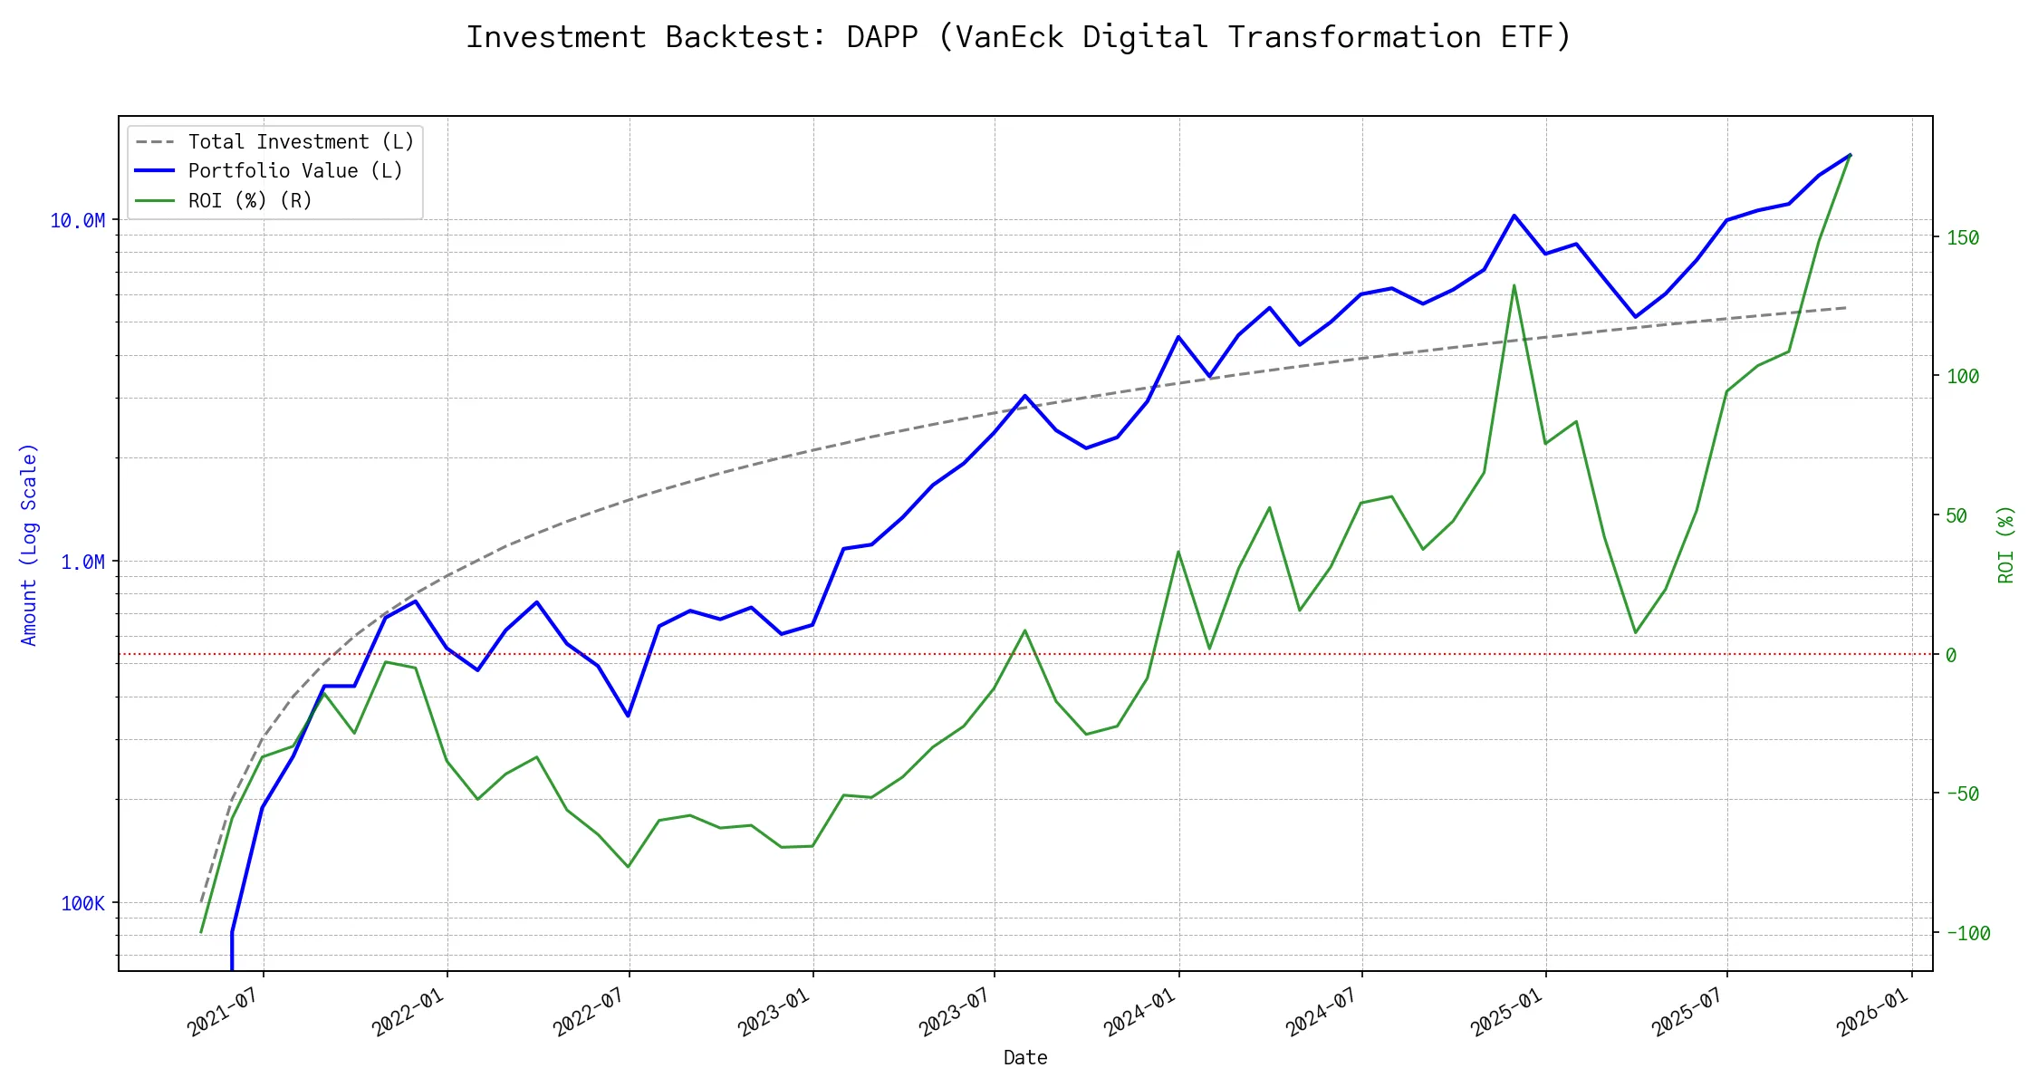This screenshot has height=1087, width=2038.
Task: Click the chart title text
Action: [1018, 37]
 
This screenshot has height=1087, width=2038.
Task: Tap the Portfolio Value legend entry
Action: [294, 171]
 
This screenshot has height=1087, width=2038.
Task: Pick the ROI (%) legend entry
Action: [249, 200]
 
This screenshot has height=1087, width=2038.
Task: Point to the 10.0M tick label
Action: [77, 221]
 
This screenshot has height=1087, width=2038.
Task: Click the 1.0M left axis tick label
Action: [82, 563]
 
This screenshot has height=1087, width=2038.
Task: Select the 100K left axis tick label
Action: [82, 903]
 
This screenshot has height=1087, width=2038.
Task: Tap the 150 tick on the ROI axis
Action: [1963, 238]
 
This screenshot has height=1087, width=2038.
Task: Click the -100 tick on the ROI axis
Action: [1967, 933]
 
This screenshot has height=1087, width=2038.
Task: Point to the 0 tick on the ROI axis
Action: [1951, 655]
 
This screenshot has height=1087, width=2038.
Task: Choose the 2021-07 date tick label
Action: [223, 1012]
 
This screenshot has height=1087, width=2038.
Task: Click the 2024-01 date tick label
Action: [1139, 1012]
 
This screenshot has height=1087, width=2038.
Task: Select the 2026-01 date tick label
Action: [1872, 1012]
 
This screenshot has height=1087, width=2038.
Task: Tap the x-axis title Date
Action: [1025, 1058]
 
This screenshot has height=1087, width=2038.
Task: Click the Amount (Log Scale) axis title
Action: [29, 544]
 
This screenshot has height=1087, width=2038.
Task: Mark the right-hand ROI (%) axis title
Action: [2005, 544]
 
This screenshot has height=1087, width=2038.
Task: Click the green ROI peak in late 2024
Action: [1514, 285]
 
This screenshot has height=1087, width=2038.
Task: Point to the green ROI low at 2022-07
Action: [629, 867]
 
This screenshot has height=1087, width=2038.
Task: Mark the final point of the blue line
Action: [1850, 155]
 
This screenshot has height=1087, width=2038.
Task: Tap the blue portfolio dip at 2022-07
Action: [629, 716]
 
